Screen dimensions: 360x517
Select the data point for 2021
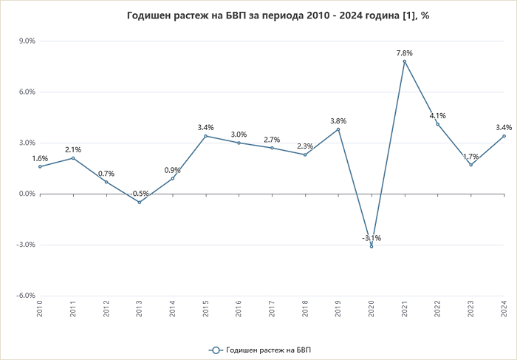click(x=405, y=61)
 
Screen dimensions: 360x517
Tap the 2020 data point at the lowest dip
click(x=372, y=246)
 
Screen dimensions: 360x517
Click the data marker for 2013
click(x=139, y=203)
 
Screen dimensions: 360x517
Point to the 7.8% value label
click(x=404, y=53)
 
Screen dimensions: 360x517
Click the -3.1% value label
click(x=372, y=238)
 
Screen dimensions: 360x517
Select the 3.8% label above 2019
click(x=338, y=121)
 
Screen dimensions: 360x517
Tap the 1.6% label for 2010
click(x=40, y=158)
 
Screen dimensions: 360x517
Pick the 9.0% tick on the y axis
click(x=27, y=41)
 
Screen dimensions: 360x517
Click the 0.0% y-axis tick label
click(x=27, y=194)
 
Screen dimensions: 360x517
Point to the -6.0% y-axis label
click(x=26, y=296)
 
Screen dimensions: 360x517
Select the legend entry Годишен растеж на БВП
click(x=264, y=349)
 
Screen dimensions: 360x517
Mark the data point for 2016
click(x=239, y=143)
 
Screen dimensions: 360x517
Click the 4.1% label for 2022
click(x=437, y=116)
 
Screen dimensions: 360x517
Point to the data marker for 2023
click(x=471, y=165)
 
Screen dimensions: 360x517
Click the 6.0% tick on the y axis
click(x=27, y=92)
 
